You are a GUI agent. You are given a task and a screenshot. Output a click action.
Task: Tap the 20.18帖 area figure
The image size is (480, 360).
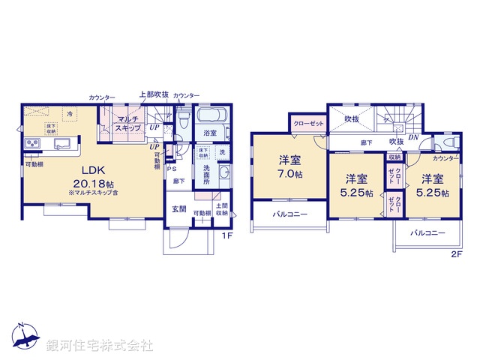pos(94,183)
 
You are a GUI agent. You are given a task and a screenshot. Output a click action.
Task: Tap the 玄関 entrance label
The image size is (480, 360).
pos(178,209)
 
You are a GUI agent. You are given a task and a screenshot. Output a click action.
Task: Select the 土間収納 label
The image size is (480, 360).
pos(223,209)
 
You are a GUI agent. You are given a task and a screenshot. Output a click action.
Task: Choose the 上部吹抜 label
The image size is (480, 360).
pos(153,95)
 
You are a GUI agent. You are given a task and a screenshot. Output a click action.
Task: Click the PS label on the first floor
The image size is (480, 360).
pos(172,168)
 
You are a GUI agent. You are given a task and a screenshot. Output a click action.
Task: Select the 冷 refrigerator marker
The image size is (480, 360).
pos(70,113)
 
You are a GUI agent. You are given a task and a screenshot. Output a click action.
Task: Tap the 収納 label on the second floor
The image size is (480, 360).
pos(395,157)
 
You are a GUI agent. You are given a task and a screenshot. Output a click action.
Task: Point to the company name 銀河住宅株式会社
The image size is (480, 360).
pos(100,346)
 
